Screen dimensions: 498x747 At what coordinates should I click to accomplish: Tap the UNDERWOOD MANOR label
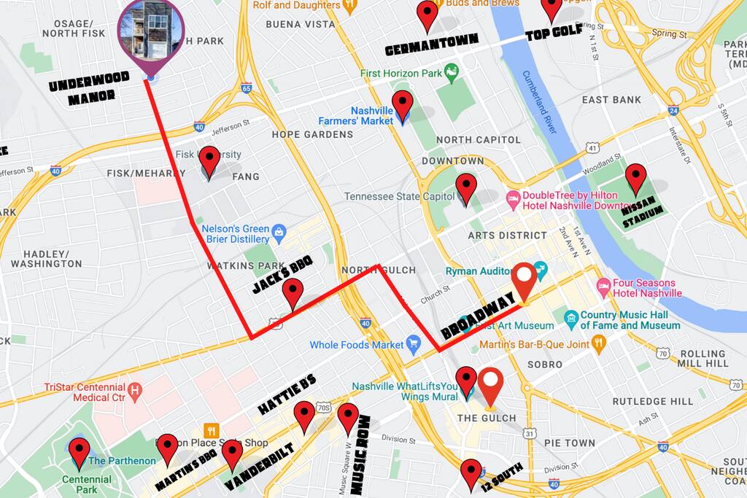(90, 88)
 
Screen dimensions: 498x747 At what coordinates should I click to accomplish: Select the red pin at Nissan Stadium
(636, 177)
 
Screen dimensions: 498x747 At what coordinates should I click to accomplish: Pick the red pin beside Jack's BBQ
(293, 293)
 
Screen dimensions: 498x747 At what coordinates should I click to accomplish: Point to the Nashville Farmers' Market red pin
(402, 105)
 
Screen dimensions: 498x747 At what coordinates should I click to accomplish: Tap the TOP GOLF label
(554, 31)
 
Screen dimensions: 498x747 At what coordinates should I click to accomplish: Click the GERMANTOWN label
(431, 45)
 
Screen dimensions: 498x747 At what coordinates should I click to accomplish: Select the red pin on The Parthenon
(79, 451)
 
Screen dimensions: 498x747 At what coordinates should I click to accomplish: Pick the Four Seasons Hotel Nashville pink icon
(603, 288)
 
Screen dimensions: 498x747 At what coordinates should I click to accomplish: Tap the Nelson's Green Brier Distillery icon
(278, 233)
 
